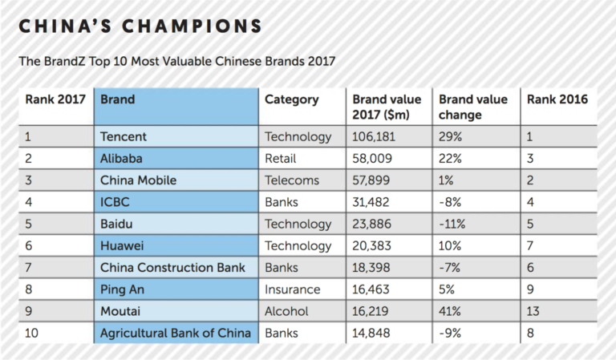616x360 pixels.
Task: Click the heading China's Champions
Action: pyautogui.click(x=140, y=26)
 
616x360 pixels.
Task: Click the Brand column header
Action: pyautogui.click(x=117, y=100)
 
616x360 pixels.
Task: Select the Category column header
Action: pyautogui.click(x=292, y=100)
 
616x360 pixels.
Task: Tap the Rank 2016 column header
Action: pyautogui.click(x=557, y=100)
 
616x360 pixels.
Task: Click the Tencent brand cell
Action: pyautogui.click(x=124, y=137)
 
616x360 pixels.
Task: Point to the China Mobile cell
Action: pyautogui.click(x=138, y=180)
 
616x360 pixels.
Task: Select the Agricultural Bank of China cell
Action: pyautogui.click(x=176, y=333)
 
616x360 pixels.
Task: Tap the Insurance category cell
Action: pyautogui.click(x=293, y=289)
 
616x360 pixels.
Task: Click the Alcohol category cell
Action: pyautogui.click(x=288, y=311)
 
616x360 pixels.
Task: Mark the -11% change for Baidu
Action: pyautogui.click(x=453, y=224)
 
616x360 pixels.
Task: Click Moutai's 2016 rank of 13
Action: pyautogui.click(x=533, y=311)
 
